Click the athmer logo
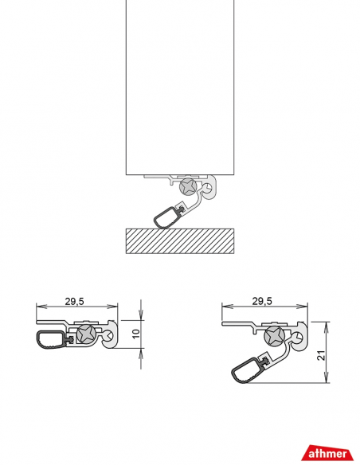click(327, 452)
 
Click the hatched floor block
click(180, 240)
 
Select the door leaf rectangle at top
click(180, 88)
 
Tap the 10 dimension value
click(135, 334)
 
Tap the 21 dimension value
click(321, 355)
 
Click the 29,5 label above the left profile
click(74, 301)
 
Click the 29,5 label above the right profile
click(262, 301)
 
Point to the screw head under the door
click(189, 187)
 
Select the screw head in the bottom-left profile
click(86, 334)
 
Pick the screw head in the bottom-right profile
click(274, 336)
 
